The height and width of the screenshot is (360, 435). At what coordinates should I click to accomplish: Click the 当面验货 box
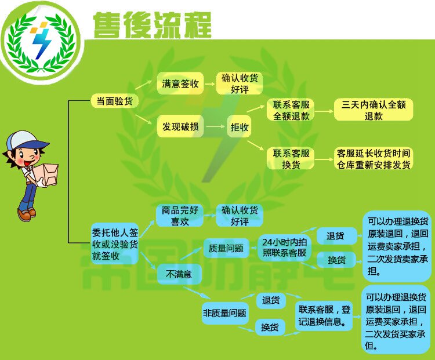[115, 101]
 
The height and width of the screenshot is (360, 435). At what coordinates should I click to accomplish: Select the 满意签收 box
[180, 83]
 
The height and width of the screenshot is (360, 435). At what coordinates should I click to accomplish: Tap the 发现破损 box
[180, 127]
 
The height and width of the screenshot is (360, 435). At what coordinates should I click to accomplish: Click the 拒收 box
[239, 127]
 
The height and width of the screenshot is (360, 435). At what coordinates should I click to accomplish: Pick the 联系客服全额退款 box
[291, 110]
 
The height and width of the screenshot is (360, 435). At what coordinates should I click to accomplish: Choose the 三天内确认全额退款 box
[374, 110]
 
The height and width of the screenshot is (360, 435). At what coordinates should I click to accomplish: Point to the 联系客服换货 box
[291, 159]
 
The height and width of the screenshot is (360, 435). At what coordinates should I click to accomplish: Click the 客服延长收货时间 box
[374, 159]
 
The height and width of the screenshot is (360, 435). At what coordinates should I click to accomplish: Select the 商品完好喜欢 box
[180, 216]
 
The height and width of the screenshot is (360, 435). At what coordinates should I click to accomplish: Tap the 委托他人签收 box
[115, 243]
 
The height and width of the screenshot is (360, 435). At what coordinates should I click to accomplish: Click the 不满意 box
[179, 274]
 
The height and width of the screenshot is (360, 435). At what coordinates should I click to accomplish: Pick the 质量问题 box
[226, 248]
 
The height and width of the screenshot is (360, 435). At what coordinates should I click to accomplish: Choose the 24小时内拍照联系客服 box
[284, 247]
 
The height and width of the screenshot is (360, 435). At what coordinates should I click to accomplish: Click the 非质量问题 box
[224, 314]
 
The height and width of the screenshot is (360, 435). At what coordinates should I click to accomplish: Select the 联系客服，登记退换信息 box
[324, 315]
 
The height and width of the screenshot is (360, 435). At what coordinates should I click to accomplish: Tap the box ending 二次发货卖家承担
[397, 246]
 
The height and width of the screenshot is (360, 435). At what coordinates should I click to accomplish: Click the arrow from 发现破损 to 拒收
[216, 127]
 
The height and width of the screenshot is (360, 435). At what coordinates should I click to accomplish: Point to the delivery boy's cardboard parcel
[46, 174]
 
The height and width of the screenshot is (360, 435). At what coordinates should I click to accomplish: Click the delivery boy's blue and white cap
[26, 141]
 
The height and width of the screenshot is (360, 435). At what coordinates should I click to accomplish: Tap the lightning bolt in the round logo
[42, 42]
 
